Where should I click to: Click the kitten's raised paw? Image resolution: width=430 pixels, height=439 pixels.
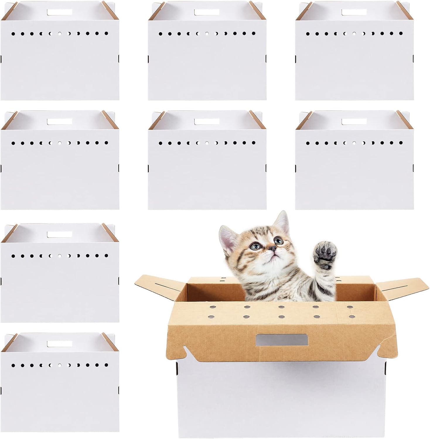tap(325, 254)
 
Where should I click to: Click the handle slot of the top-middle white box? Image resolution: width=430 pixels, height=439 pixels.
tap(207, 12)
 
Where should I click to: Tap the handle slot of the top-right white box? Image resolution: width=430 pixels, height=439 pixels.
tap(354, 12)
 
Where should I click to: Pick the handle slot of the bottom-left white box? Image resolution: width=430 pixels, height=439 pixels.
tap(59, 344)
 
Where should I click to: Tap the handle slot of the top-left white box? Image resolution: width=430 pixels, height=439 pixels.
tap(59, 12)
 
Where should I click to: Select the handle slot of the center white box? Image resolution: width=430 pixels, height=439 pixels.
tap(207, 121)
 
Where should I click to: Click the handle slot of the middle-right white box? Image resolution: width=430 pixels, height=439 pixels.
tap(354, 121)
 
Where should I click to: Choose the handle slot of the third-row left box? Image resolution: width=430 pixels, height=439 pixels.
tap(59, 234)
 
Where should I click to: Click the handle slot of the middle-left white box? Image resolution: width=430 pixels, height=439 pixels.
tap(59, 121)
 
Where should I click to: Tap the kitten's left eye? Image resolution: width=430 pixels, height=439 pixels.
tap(256, 246)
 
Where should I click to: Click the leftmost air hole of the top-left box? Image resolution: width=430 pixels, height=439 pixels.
tap(13, 34)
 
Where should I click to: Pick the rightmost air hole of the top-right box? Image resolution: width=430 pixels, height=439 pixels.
tap(400, 34)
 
